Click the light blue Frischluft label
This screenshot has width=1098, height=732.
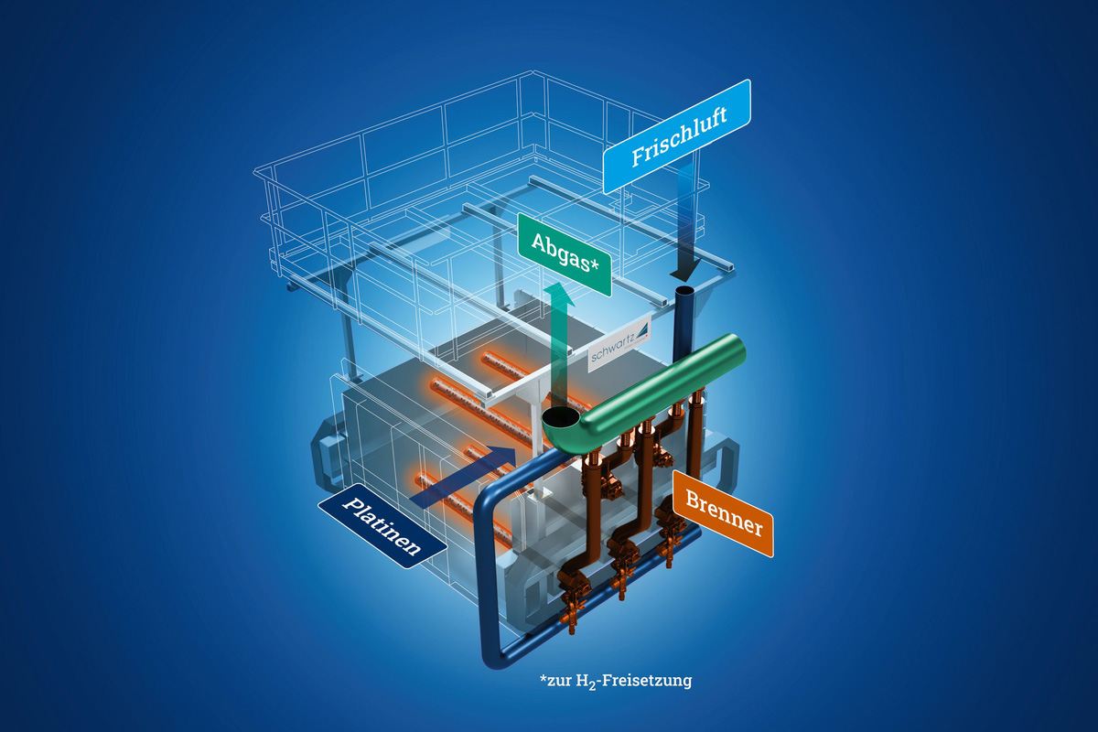point(677,136)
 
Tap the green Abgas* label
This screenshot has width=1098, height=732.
point(565,255)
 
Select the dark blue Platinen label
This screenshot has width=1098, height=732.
point(382,526)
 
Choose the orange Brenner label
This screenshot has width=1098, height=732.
point(723,513)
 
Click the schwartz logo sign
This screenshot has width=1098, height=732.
point(619,344)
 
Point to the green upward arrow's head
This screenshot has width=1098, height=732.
point(559,295)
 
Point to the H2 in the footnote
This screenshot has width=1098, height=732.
point(586,682)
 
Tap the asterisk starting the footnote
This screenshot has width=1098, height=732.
point(543,678)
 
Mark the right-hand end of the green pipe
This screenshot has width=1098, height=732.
point(737,346)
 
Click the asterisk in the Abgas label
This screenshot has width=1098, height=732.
point(595,264)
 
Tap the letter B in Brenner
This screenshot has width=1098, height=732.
point(694,499)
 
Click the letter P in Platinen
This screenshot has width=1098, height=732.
point(353,504)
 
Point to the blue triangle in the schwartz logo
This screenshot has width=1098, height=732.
point(642,328)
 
